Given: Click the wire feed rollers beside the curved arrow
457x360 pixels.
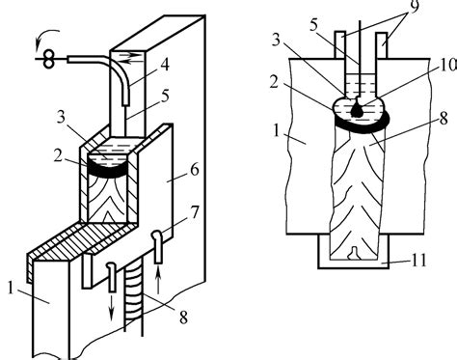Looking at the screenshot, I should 47,58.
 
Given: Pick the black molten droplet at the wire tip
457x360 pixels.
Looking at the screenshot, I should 357,110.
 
